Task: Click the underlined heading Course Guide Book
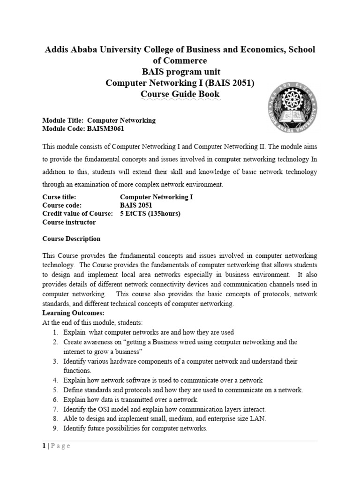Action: coord(180,94)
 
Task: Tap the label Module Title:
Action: coord(63,120)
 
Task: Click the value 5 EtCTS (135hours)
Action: coord(150,214)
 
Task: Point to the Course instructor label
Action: coord(69,222)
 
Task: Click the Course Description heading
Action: coord(71,239)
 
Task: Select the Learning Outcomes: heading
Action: coord(74,313)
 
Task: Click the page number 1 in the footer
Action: coord(44,446)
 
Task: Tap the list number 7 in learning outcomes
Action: coord(55,409)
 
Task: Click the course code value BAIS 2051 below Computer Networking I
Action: coord(136,205)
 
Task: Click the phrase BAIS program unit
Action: coord(180,72)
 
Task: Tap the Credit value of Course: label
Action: coord(78,214)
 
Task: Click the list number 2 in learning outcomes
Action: coord(55,342)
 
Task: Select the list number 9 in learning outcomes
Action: coord(55,429)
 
